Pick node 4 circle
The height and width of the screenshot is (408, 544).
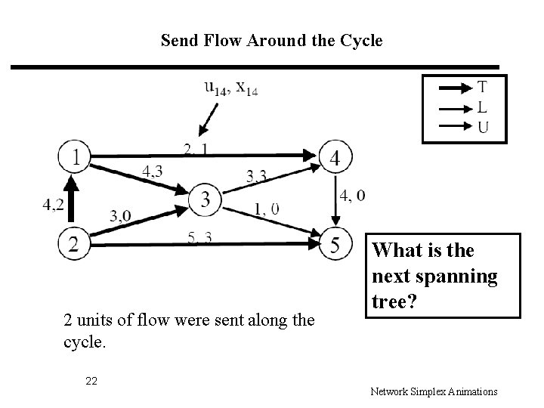tap(335, 159)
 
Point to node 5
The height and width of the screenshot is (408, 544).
tap(335, 245)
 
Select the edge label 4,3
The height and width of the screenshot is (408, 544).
tap(152, 172)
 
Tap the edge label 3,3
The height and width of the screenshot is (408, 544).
tap(257, 177)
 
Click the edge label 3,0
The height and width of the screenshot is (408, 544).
tap(120, 216)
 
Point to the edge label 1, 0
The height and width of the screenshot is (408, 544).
tap(265, 209)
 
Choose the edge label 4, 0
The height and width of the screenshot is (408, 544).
tap(353, 196)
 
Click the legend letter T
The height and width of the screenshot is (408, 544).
tap(482, 88)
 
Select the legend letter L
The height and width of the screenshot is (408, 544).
tap(482, 107)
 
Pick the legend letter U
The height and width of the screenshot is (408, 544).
tap(482, 125)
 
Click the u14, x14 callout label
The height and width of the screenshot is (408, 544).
tap(230, 88)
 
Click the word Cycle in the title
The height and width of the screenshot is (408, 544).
tap(363, 39)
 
